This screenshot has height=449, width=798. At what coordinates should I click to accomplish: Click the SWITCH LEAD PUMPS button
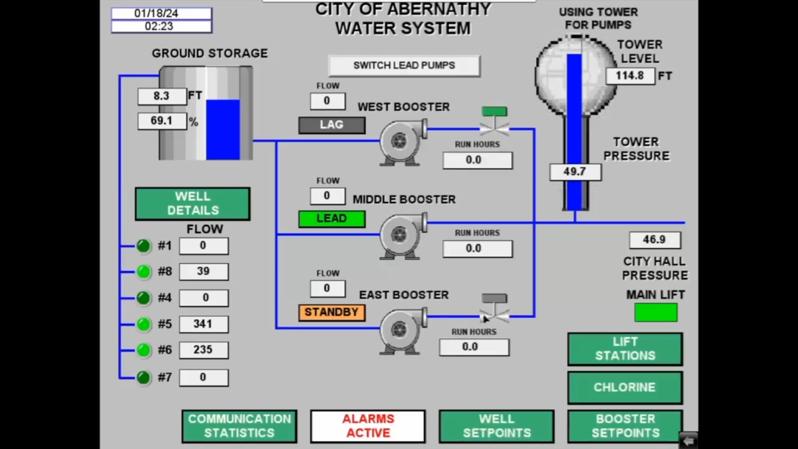(x=405, y=66)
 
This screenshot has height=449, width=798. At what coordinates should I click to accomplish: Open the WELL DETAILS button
(x=193, y=203)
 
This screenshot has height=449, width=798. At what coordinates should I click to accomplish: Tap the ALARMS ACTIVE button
(x=368, y=426)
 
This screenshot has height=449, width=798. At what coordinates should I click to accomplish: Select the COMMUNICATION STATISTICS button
(x=239, y=426)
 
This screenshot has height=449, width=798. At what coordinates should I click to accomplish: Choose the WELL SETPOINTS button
(x=497, y=426)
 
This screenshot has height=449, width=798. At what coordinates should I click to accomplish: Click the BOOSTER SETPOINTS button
(x=625, y=426)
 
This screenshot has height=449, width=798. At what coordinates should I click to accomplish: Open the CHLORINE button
(x=625, y=388)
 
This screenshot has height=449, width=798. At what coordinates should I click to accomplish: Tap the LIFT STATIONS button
(x=625, y=349)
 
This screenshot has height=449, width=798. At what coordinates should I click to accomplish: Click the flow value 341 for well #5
(x=204, y=324)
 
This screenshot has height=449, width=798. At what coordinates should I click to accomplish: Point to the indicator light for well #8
(x=143, y=271)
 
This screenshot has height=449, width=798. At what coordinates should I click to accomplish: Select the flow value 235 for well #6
(x=204, y=350)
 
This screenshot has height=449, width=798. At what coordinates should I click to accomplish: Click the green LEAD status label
(x=332, y=219)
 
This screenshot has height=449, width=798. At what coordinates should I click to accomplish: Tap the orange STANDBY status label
(x=332, y=312)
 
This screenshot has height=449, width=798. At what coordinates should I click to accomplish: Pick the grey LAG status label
(x=332, y=125)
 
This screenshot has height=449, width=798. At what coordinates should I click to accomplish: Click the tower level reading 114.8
(x=630, y=76)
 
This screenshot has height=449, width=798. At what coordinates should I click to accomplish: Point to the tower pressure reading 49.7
(x=575, y=172)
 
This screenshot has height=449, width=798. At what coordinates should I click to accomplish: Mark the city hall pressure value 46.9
(x=655, y=240)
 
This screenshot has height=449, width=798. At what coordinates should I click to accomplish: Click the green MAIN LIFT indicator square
(x=656, y=312)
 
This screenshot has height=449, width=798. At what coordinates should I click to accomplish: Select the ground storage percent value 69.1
(x=162, y=121)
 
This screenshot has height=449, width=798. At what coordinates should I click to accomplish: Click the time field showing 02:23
(x=161, y=26)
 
